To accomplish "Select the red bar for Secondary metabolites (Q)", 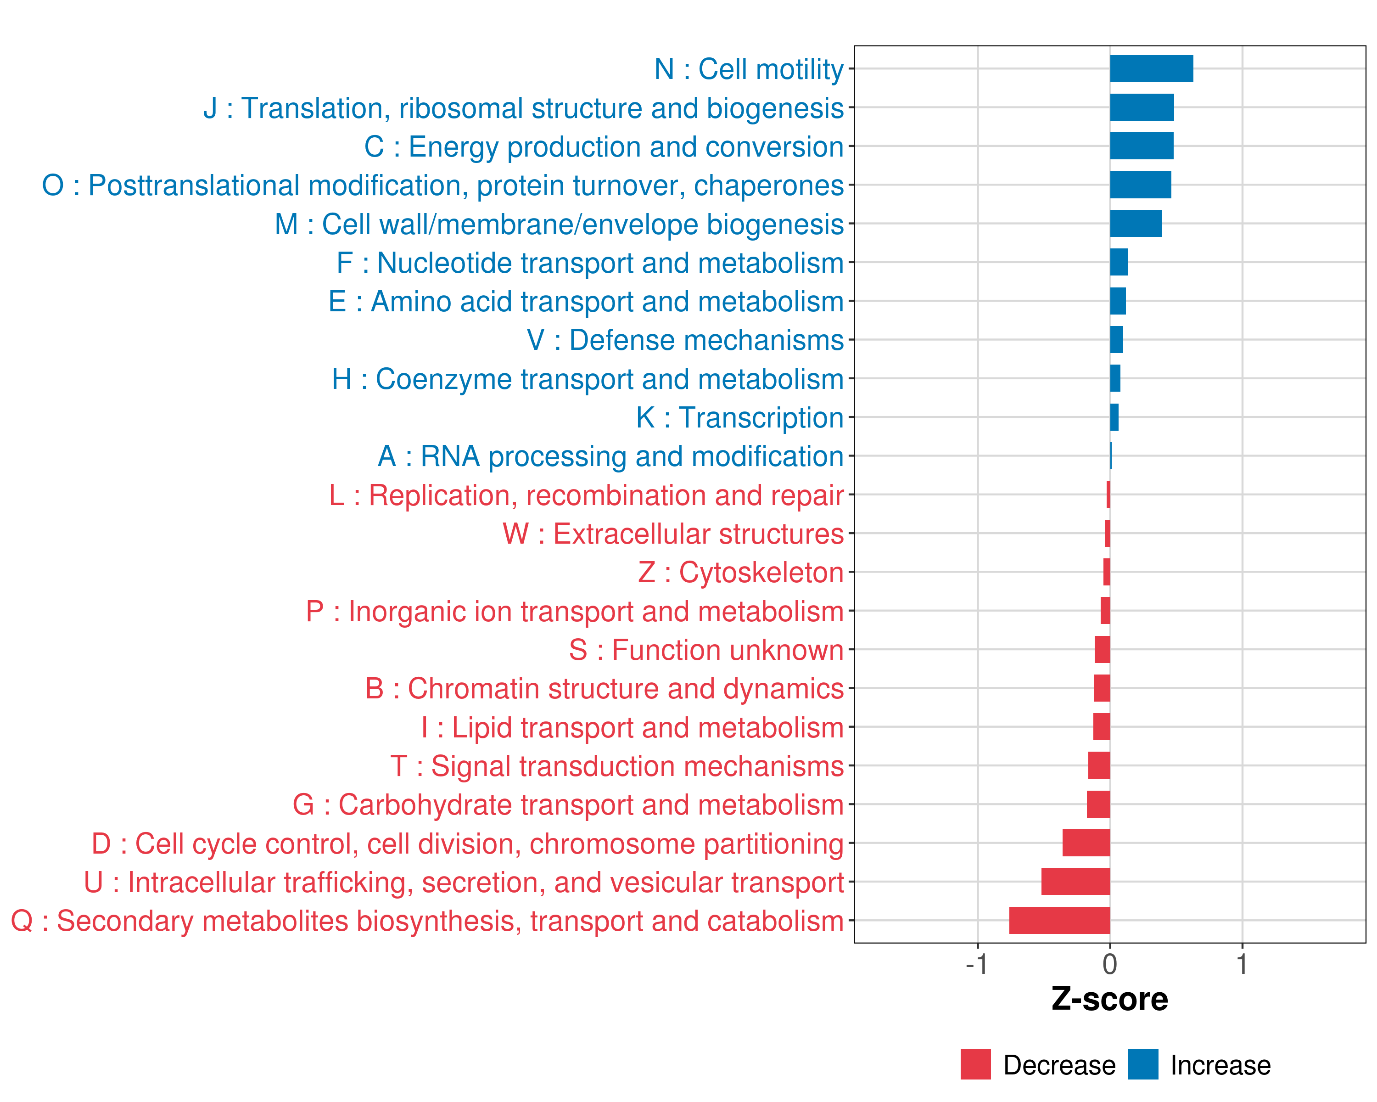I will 1059,921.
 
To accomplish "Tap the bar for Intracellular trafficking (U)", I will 1075,882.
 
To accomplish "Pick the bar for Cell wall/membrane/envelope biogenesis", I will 1136,224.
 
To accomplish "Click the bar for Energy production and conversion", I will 1142,146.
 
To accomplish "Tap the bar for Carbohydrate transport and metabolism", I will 1098,804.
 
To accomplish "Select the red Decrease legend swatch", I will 975,1064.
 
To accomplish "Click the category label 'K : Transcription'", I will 739,418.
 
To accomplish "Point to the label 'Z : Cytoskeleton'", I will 741,573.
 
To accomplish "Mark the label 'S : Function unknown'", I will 706,650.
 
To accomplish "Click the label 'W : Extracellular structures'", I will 673,534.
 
